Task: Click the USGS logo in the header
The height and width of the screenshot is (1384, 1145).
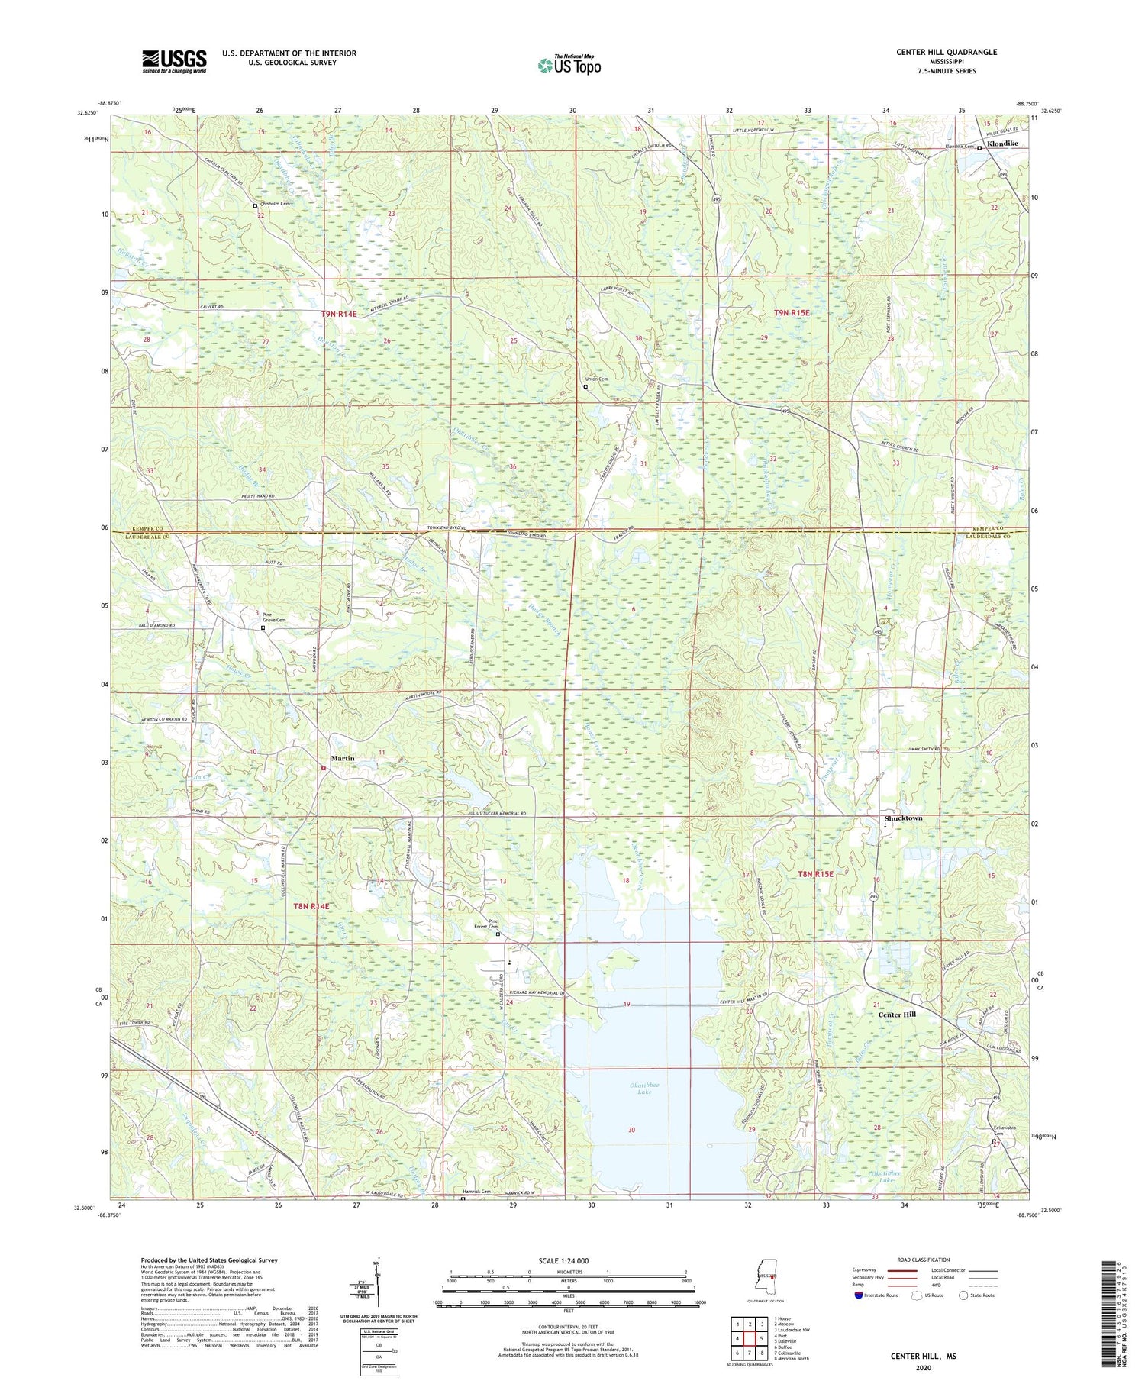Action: [174, 61]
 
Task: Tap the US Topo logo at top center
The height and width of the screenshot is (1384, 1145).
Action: [569, 65]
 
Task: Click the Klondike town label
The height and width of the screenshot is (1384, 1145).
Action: [1002, 144]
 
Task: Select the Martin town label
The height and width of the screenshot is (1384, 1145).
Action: [343, 758]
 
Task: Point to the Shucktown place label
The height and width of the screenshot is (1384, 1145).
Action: [904, 818]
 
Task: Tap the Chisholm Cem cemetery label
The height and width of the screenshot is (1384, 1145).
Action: [276, 204]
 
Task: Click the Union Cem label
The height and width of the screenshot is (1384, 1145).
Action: [595, 379]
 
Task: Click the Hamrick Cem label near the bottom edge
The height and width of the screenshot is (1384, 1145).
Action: [477, 1192]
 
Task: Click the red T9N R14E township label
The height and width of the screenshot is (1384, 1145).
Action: [338, 314]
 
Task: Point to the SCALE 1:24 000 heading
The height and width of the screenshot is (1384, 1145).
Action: [569, 1260]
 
